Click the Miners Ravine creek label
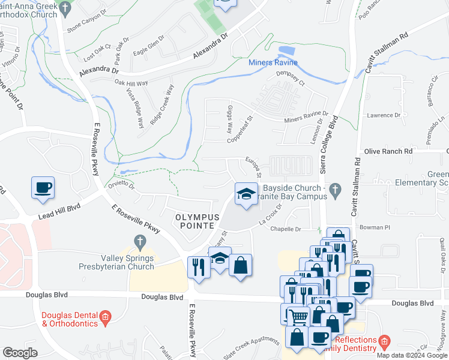point(273,63)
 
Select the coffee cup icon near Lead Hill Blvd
point(43,188)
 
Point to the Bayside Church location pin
point(336,191)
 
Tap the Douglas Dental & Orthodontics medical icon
point(106,316)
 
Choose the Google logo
point(20,353)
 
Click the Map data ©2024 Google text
point(411,355)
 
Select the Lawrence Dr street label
point(384,115)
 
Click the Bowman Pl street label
point(375,227)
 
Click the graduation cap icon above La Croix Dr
point(245,194)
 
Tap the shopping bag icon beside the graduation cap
point(240,266)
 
